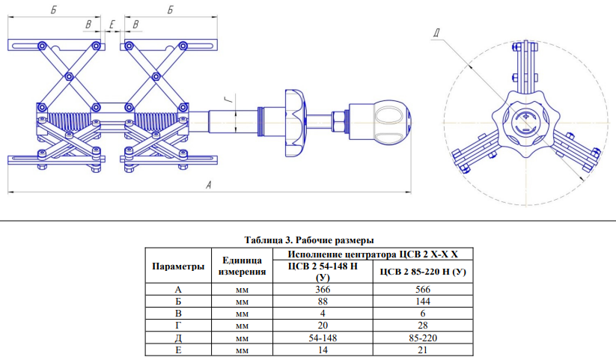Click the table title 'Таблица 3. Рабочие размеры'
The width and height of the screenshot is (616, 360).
[x=308, y=241]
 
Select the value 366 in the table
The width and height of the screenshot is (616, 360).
[x=322, y=289]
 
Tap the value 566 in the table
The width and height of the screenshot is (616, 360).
[x=423, y=289]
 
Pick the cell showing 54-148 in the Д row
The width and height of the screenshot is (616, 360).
[x=322, y=338]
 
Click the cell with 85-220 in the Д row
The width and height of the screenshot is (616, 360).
[x=423, y=338]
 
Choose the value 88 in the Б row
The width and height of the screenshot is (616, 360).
[x=322, y=301]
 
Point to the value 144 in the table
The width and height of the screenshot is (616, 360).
[x=423, y=301]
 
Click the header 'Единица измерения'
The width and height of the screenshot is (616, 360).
[x=242, y=266]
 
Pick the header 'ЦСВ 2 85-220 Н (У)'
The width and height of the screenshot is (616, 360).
[x=423, y=272]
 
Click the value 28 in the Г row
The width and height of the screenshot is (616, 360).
[x=423, y=326]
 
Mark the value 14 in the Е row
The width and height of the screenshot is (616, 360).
[x=322, y=350]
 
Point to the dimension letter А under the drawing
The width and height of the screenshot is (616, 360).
[x=210, y=186]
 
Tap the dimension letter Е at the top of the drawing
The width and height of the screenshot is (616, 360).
[x=112, y=25]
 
